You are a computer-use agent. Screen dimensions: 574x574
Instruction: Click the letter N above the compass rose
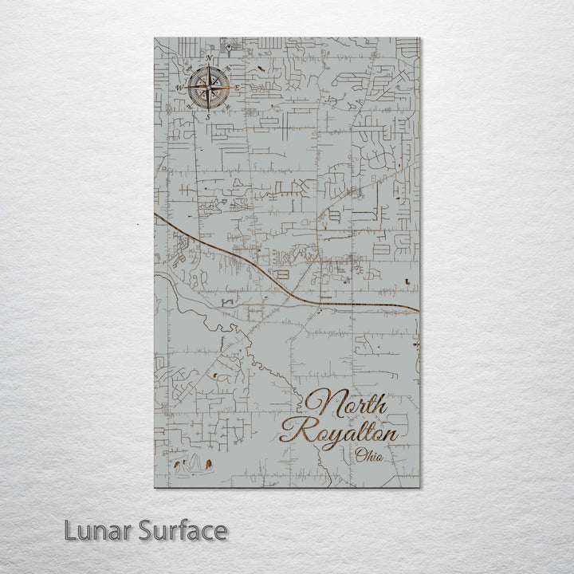208,59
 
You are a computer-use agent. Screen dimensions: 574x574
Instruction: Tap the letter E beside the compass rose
237,87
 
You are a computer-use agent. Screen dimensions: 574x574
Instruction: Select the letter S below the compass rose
208,116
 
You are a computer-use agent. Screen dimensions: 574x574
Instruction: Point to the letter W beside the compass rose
179,88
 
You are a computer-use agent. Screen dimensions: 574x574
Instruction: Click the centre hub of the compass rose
208,88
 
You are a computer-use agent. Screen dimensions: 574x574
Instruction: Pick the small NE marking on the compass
223,73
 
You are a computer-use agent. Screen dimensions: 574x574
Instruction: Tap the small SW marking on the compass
193,103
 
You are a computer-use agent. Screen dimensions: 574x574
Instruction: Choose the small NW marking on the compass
193,73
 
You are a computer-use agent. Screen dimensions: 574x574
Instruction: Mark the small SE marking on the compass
223,103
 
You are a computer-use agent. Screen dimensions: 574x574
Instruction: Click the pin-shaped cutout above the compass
229,47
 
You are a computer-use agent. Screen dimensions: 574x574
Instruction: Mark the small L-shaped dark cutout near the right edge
409,281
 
